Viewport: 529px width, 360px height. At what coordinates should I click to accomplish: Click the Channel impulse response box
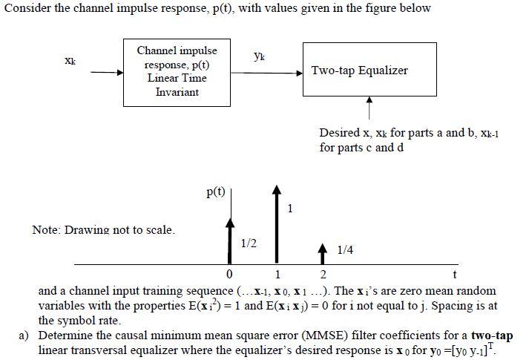(177, 71)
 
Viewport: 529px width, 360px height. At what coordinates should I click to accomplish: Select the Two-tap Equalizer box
(360, 71)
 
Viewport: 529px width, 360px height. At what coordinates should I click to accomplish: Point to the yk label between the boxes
(257, 56)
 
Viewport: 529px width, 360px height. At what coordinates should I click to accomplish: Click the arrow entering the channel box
(107, 73)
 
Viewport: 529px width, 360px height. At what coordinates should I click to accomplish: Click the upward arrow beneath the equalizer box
(369, 108)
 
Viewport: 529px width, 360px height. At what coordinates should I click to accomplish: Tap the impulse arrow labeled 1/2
(231, 240)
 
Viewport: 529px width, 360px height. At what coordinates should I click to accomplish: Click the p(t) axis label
(217, 192)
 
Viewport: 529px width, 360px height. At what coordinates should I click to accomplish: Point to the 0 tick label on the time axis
(230, 277)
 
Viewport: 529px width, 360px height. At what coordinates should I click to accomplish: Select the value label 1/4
(344, 250)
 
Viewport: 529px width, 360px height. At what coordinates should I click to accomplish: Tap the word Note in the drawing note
(45, 229)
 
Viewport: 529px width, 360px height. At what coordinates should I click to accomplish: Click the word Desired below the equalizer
(339, 133)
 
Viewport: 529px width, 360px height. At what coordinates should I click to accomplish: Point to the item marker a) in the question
(24, 336)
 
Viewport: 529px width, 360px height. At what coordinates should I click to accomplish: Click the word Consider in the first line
(27, 8)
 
